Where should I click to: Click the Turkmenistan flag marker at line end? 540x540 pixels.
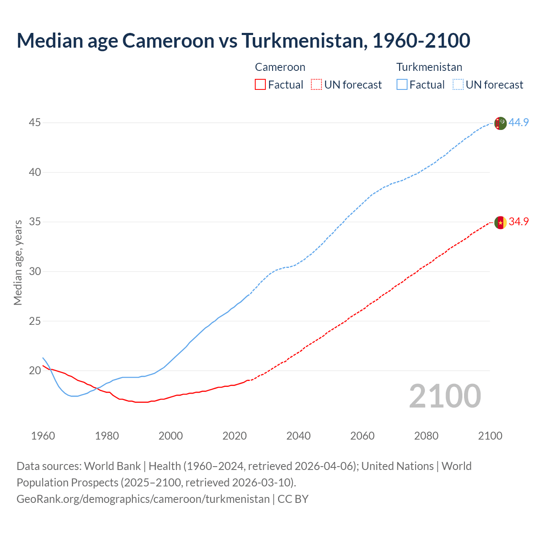[x=500, y=123]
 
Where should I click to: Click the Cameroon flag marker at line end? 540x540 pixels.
[x=500, y=222]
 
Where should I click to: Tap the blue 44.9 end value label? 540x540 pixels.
[x=518, y=122]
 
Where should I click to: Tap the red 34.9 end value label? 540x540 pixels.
[x=518, y=221]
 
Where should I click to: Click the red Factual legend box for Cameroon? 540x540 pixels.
[x=260, y=85]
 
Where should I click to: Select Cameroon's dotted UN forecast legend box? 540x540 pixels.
[x=316, y=85]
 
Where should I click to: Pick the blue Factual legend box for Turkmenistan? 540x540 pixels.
[x=402, y=85]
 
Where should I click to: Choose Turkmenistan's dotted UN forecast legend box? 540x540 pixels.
[x=458, y=85]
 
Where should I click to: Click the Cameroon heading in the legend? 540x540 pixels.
[x=280, y=67]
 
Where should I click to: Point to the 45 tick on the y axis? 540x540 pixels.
[x=35, y=123]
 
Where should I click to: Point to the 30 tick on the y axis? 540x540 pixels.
[x=35, y=271]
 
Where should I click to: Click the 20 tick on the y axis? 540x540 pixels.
[x=35, y=371]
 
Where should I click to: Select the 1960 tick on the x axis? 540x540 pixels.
[x=43, y=436]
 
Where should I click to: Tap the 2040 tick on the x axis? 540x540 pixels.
[x=298, y=436]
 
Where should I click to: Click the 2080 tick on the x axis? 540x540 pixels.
[x=426, y=436]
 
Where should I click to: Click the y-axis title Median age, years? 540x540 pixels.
[x=18, y=262]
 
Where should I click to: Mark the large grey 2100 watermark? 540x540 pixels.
[x=445, y=396]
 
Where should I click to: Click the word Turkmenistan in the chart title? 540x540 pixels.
[x=302, y=40]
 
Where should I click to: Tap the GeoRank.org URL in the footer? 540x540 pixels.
[x=143, y=499]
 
